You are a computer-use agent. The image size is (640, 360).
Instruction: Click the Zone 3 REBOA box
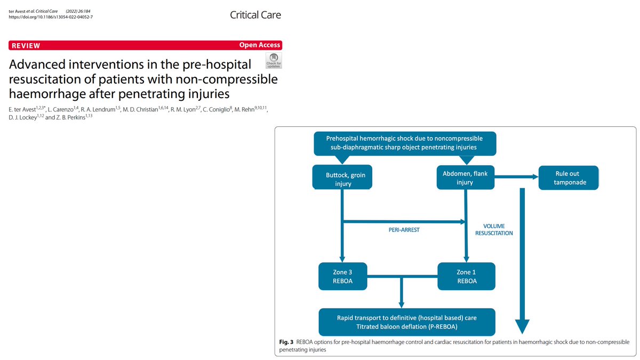341,276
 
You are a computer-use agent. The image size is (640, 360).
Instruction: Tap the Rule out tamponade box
569,178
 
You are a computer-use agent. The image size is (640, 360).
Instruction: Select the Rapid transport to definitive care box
407,322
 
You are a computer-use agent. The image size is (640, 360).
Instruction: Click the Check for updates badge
274,60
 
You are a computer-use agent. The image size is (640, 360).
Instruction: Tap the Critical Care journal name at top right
255,15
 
